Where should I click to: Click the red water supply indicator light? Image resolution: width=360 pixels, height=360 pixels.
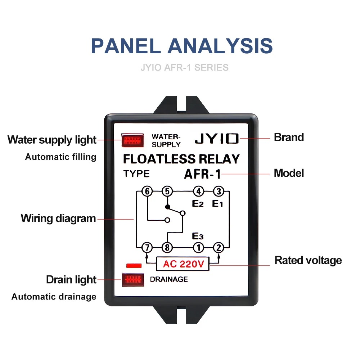point(132,140)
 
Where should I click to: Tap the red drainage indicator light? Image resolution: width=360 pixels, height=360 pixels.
point(133,280)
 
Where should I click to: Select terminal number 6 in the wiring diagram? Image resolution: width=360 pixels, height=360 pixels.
point(147,191)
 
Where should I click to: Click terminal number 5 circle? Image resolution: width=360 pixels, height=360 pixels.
point(167,191)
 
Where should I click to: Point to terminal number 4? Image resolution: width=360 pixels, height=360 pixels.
point(199,191)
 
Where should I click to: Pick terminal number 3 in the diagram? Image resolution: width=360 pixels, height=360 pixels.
point(219,191)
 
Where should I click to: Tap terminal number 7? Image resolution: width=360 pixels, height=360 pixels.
point(147,248)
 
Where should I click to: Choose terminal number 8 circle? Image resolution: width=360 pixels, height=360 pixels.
point(167,248)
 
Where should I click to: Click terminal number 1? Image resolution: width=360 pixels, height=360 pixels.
point(199,248)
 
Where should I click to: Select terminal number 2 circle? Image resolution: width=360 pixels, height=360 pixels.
point(219,248)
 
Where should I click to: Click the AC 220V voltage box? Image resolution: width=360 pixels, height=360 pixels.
point(183,264)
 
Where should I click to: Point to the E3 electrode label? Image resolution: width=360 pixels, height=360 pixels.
point(198,236)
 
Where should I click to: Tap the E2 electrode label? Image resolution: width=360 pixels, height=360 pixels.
point(198,204)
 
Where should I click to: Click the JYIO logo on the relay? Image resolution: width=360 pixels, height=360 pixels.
point(217,139)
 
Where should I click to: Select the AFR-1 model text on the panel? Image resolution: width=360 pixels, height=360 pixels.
point(202,174)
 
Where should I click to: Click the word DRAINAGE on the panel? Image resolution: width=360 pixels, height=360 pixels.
point(169,279)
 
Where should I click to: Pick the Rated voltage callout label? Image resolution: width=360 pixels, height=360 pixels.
point(308,261)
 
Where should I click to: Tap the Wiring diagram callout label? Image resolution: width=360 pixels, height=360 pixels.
point(58,219)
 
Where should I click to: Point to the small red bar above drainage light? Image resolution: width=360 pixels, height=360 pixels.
point(134,266)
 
